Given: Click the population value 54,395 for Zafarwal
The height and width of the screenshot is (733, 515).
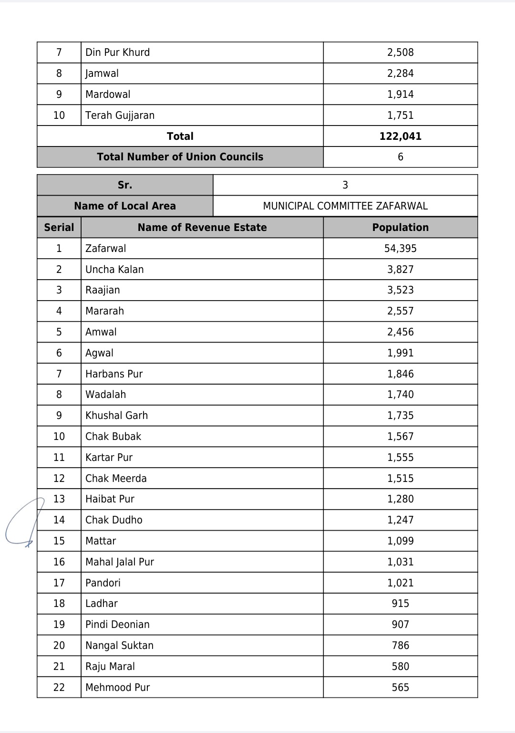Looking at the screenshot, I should click(x=400, y=249).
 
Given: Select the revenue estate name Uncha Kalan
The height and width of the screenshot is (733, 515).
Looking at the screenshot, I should click(x=114, y=270).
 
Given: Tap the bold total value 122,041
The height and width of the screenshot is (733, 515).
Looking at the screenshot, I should click(x=400, y=136).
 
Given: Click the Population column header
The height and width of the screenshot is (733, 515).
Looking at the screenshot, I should click(x=400, y=228).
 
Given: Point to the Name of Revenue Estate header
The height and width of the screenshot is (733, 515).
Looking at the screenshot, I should click(x=202, y=228).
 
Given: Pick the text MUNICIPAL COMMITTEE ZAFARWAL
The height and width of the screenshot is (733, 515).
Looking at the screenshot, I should click(x=345, y=206).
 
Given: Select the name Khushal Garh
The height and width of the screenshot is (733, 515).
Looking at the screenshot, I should click(x=116, y=416).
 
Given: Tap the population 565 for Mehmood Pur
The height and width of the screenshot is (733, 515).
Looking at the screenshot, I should click(x=400, y=688).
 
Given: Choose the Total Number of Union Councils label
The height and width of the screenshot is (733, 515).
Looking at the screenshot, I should click(x=180, y=157).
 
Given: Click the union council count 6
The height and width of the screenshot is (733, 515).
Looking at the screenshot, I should click(x=400, y=157).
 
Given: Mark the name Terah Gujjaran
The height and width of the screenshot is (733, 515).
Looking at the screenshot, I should click(x=120, y=115).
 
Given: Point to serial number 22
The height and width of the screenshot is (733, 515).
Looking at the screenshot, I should click(x=59, y=688).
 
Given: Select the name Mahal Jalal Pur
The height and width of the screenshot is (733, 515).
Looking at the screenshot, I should click(x=120, y=562).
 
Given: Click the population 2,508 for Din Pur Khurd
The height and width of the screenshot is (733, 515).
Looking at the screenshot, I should click(x=400, y=52).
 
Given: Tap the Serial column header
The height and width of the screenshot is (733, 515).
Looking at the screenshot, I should click(x=59, y=228).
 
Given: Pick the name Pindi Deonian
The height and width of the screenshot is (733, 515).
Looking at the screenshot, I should click(x=117, y=625).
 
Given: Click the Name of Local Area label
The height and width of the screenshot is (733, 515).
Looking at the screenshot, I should click(x=125, y=206).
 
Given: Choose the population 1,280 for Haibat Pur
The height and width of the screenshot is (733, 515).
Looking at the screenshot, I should click(x=400, y=499).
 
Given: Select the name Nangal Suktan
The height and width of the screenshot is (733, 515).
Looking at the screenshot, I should click(x=119, y=646).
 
